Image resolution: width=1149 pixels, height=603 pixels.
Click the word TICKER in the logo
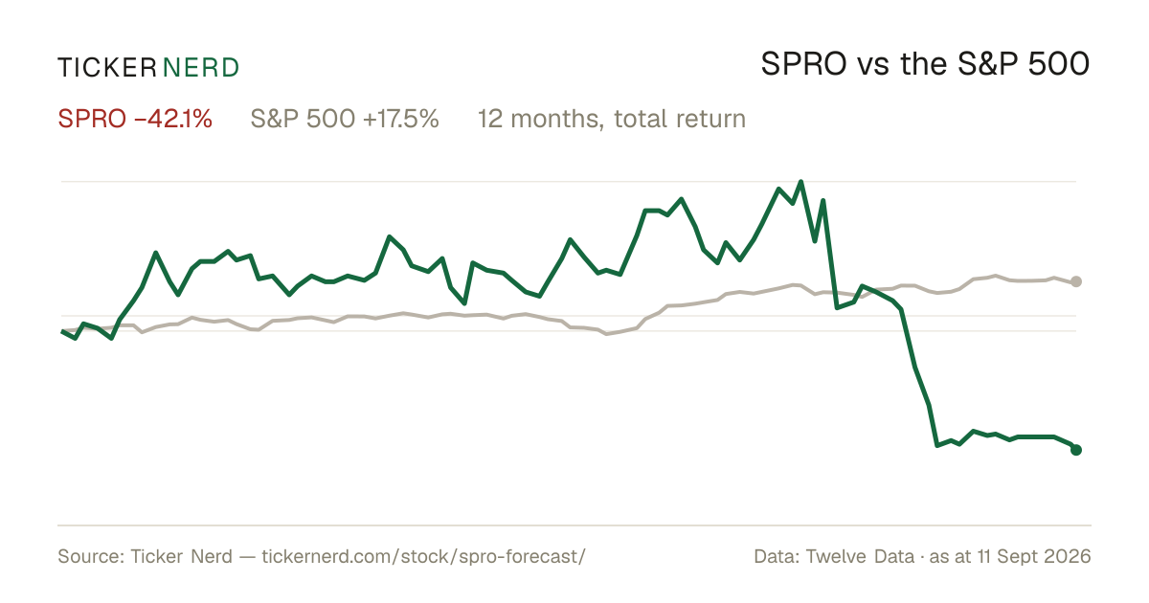coord(106,68)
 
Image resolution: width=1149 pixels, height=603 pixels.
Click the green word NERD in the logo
coord(201,68)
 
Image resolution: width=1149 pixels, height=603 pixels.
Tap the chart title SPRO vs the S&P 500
coord(925,64)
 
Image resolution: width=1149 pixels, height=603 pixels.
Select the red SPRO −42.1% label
coord(135,119)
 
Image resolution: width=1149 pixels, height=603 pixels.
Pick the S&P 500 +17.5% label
coord(345,119)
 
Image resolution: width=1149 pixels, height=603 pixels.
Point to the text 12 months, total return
coord(612,120)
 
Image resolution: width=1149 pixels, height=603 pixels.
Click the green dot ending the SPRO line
coord(1076,450)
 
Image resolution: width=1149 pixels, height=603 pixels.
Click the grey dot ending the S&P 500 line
coord(1076,281)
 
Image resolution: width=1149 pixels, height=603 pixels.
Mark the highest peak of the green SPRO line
coord(800,182)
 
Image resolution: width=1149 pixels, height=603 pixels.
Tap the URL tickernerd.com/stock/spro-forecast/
coord(423,556)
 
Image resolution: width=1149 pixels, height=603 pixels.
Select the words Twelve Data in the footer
coord(860,556)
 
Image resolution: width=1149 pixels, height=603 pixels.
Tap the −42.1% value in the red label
coord(173,119)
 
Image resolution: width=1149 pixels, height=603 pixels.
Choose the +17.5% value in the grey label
coord(400,119)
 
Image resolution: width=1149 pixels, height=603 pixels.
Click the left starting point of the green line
coord(62,332)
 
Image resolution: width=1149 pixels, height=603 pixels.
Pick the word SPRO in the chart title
coord(803,64)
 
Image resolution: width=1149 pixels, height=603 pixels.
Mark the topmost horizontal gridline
coord(569,182)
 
